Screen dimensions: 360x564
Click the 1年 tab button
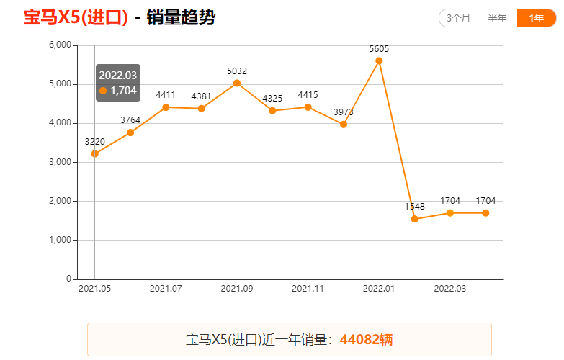coord(536,18)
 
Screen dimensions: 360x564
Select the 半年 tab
coord(497,18)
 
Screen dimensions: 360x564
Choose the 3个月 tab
coord(459,18)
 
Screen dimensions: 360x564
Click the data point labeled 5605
coord(379,60)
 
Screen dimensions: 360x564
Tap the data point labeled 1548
coord(414,219)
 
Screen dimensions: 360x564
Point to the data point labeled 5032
coord(237,83)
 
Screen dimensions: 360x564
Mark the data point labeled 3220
coord(94,153)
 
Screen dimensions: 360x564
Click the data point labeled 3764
coord(130,132)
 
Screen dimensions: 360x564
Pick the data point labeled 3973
coord(344,125)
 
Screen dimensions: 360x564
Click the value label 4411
coord(166,95)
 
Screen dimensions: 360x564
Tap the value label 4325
coord(272,98)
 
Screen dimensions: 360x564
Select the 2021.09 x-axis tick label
coord(237,289)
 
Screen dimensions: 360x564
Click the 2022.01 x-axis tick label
coord(379,289)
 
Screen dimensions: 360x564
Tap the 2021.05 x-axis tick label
coord(94,289)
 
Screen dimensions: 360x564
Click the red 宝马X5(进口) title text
coord(76,17)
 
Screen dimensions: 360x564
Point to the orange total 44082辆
coord(366,339)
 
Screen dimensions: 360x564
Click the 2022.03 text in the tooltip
coord(117,75)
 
